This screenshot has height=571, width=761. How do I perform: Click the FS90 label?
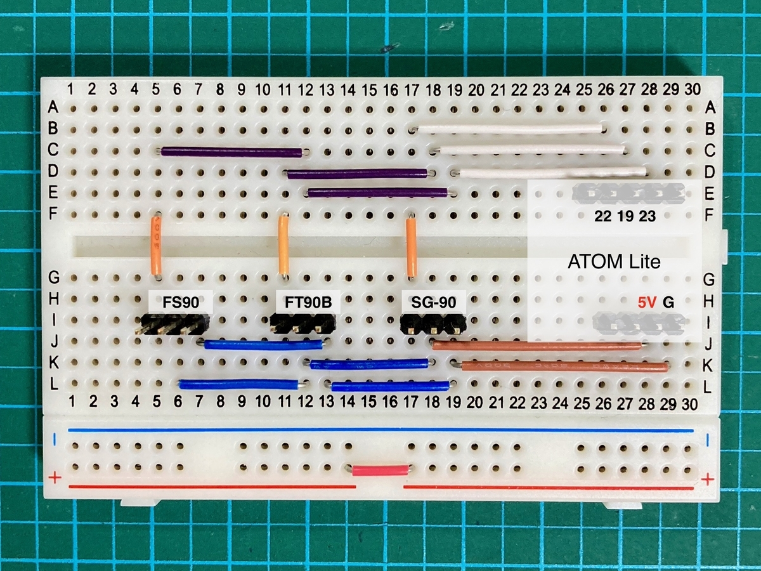point(179,302)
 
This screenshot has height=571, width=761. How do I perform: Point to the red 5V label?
point(647,303)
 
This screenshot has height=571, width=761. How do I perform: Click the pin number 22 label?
point(604,216)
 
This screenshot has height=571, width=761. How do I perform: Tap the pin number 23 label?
point(647,216)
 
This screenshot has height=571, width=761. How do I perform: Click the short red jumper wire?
point(380,470)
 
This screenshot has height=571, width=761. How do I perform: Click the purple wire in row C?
point(231,152)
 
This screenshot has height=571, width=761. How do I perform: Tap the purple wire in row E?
point(378,192)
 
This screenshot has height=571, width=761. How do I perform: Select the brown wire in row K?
point(564,366)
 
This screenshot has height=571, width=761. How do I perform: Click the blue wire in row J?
point(263,345)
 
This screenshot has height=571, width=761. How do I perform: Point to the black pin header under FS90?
point(172,326)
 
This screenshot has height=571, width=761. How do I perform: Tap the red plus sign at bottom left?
point(55,477)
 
